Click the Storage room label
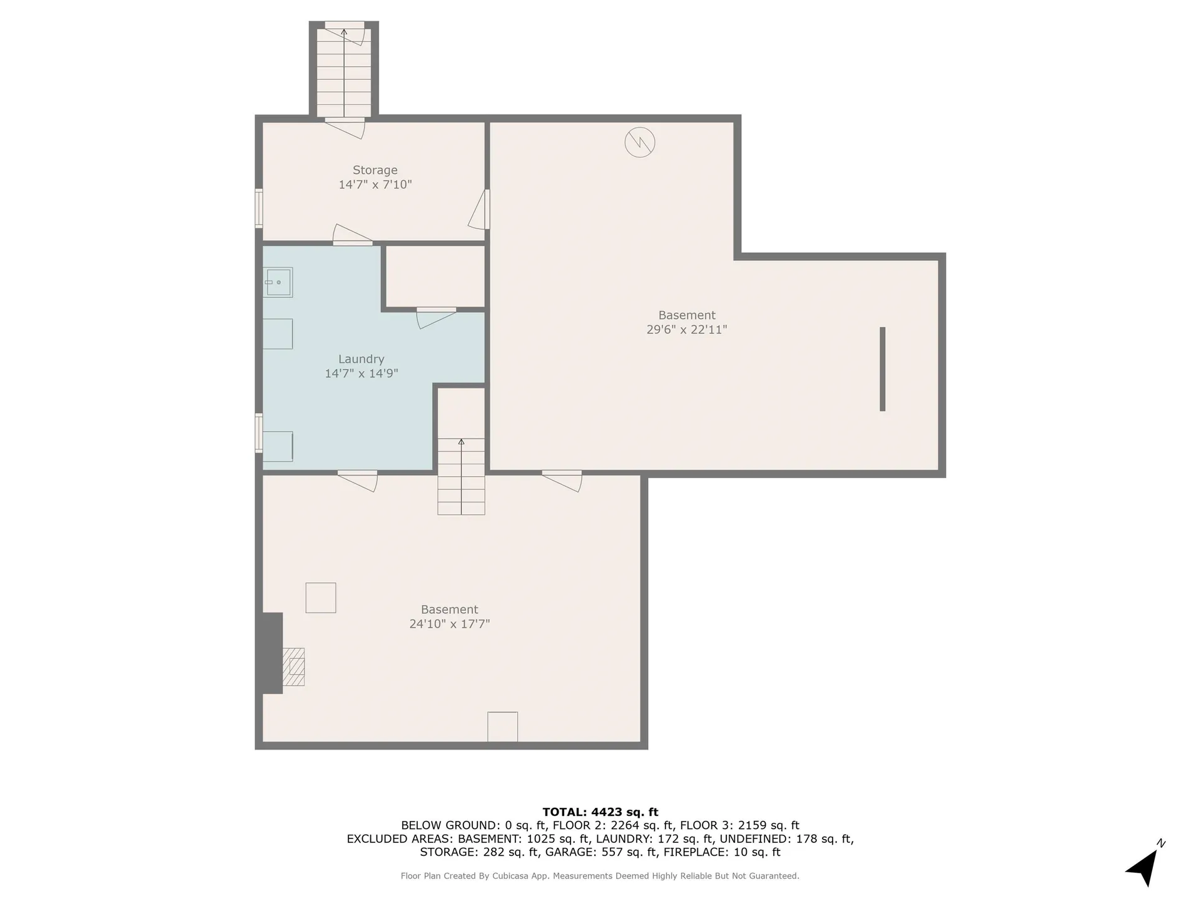pos(375,170)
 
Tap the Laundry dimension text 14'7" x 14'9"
pos(361,374)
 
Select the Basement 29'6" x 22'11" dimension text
pos(686,330)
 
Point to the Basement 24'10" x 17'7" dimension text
pos(449,624)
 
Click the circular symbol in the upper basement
pos(639,142)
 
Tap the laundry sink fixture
pos(278,282)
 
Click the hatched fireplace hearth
pos(293,667)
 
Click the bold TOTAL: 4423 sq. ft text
pos(600,812)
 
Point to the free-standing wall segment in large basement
pos(882,369)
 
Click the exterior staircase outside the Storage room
pos(343,72)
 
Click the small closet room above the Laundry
pos(435,276)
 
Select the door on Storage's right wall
pos(480,210)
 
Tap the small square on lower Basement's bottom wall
pos(502,726)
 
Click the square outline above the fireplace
pos(320,598)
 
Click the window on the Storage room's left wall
pos(258,208)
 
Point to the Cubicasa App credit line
pos(600,876)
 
